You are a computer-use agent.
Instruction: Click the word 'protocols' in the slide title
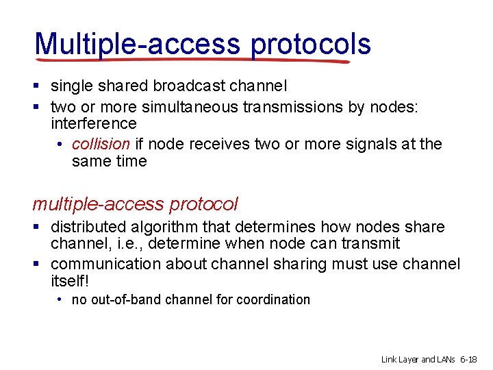[311, 44]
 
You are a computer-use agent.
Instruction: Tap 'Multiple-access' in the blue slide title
[138, 44]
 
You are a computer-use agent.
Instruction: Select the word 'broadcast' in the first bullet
[188, 86]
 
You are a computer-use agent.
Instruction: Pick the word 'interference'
[94, 123]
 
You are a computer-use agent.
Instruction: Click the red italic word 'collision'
[101, 144]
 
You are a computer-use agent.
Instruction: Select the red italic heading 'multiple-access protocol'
[135, 204]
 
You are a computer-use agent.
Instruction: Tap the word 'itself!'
[70, 282]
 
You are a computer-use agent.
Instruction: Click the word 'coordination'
[273, 299]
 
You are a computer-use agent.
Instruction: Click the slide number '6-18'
[469, 359]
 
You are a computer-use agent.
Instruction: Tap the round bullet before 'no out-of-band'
[61, 299]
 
